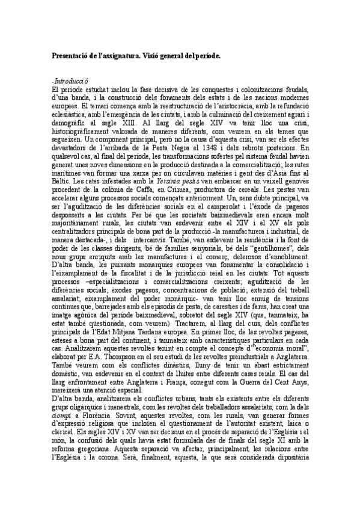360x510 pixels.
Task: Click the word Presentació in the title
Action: click(72, 55)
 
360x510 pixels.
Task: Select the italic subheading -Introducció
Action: click(71, 80)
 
